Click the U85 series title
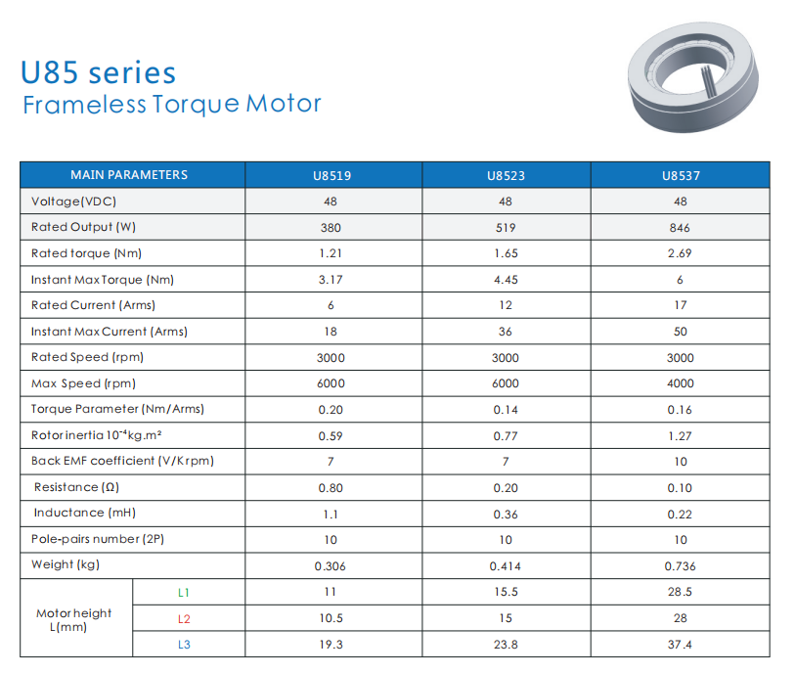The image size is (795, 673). point(98,73)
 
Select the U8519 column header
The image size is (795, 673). point(331,176)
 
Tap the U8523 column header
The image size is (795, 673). point(506,176)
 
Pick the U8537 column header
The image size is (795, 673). point(681,176)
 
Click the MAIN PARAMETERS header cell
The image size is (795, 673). point(129,175)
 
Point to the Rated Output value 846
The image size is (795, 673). point(681,228)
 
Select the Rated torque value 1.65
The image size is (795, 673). point(506,253)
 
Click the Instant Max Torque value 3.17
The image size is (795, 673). point(331,280)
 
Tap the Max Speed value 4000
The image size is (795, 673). point(681,384)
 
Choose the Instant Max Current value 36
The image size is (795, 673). point(506,332)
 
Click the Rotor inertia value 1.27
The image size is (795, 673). point(681,436)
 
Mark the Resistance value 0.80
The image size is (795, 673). point(331,487)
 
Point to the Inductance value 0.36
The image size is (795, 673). point(506,514)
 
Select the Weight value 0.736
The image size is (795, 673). point(681,566)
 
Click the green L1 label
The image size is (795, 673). point(184,592)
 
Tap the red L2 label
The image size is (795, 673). point(184,618)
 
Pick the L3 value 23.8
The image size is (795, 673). point(506,645)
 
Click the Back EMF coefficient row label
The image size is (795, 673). point(122,461)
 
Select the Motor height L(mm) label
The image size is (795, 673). point(74,619)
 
